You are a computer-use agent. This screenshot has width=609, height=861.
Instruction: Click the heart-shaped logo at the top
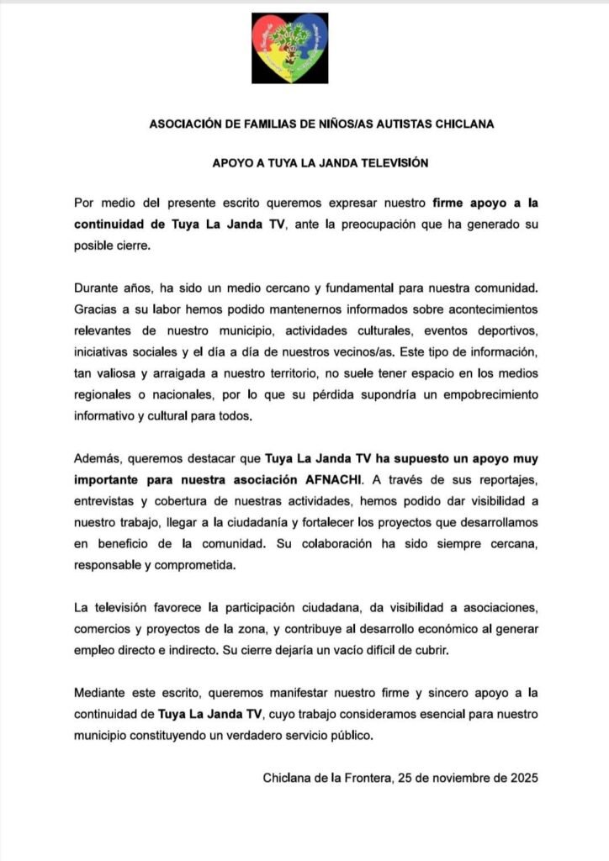pos(289,48)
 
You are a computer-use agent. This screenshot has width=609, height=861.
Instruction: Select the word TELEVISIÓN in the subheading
pos(387,163)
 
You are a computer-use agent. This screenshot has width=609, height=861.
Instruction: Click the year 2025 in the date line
pos(520,778)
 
